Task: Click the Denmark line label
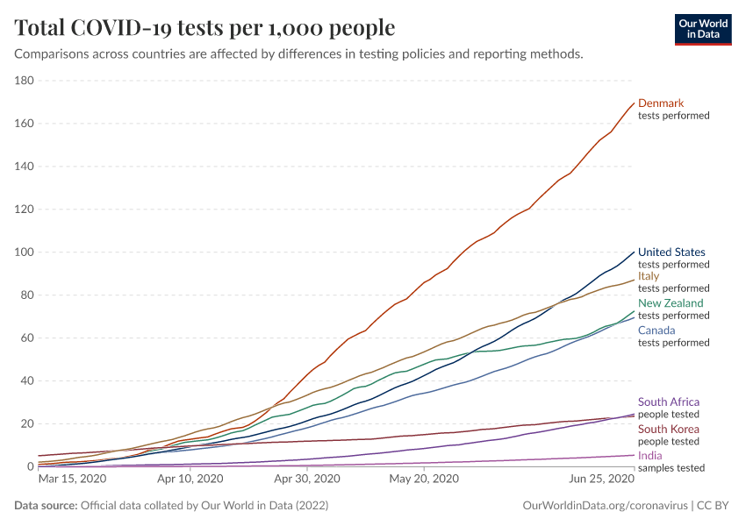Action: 660,103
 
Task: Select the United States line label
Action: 671,252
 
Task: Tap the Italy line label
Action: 649,276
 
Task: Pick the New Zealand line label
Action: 671,303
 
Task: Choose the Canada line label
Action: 656,331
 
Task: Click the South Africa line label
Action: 669,402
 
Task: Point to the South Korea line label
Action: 669,429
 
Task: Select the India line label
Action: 649,456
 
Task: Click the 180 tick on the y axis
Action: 24,81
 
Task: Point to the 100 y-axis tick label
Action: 24,252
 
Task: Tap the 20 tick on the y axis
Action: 26,423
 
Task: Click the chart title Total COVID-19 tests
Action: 204,28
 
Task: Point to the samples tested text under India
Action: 671,468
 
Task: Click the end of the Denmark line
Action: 634,103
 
